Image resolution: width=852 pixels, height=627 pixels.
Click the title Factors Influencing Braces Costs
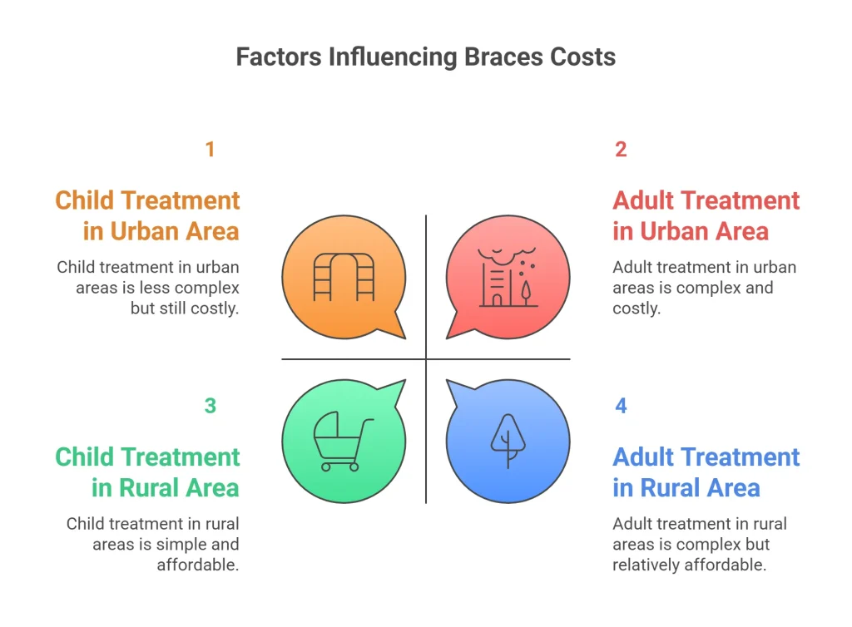(425, 57)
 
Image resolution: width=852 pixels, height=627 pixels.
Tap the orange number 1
(210, 150)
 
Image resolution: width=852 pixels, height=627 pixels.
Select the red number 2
(621, 150)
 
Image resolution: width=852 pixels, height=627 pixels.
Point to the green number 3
(210, 406)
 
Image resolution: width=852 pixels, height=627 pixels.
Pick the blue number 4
(621, 406)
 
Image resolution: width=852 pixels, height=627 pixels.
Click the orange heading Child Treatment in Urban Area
(147, 215)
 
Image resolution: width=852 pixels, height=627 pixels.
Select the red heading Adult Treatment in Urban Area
(706, 215)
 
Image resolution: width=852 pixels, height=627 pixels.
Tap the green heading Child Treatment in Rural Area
(147, 471)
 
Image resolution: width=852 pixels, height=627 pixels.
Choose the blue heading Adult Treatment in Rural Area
(706, 471)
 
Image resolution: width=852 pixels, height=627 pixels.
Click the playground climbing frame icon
(344, 277)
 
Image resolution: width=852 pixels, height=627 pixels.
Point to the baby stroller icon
(342, 442)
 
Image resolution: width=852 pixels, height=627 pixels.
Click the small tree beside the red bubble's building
(526, 290)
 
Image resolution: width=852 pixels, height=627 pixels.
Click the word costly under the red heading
(636, 309)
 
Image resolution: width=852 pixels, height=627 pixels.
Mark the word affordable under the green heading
(198, 565)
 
